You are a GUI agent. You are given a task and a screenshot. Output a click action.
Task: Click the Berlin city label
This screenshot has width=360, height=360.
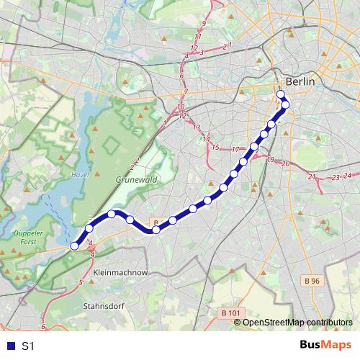[x=300, y=82]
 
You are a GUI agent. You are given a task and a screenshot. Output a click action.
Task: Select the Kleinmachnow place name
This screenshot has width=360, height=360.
[x=120, y=274]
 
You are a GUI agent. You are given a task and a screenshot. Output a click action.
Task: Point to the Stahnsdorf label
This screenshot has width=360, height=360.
[x=106, y=305]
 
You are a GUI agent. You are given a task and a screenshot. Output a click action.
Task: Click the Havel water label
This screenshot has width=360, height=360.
[x=81, y=174]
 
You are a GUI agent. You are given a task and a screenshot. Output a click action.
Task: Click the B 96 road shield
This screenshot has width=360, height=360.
[x=311, y=281]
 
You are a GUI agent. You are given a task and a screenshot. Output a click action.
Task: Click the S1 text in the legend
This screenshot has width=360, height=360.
[x=28, y=346]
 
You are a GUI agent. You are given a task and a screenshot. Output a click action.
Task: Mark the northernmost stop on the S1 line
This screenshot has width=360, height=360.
[x=281, y=94]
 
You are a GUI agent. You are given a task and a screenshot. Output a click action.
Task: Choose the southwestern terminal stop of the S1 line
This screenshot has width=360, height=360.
[x=74, y=246]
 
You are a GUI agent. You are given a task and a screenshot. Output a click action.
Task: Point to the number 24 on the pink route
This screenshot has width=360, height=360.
[x=348, y=176]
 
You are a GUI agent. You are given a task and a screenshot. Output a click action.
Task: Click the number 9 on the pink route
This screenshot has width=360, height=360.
[x=204, y=24]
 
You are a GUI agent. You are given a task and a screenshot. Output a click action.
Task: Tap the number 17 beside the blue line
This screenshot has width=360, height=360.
[x=235, y=149]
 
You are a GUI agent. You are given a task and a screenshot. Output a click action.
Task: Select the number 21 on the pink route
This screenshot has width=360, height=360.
[x=312, y=176]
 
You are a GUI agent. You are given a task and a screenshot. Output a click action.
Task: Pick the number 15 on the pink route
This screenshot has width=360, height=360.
[x=215, y=147]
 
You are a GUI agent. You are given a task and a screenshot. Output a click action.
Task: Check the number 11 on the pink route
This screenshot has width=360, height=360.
[x=198, y=36]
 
